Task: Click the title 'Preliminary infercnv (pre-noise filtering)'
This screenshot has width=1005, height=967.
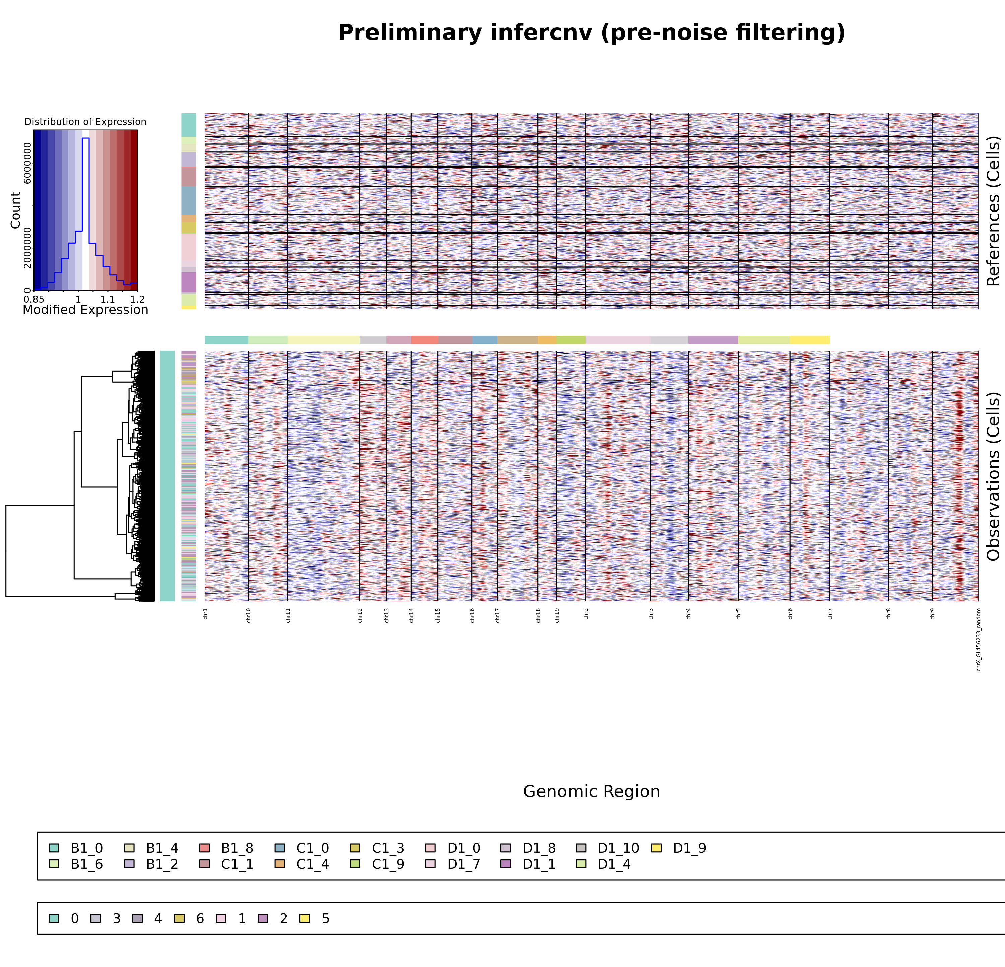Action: click(x=591, y=33)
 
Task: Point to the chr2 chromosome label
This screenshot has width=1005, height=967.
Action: click(x=586, y=614)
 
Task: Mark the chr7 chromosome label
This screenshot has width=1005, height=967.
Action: click(x=830, y=614)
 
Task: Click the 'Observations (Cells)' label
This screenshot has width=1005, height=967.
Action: click(x=993, y=476)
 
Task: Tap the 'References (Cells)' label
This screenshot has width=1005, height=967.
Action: click(x=993, y=211)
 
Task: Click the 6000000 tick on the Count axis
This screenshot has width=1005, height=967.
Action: click(x=27, y=163)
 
